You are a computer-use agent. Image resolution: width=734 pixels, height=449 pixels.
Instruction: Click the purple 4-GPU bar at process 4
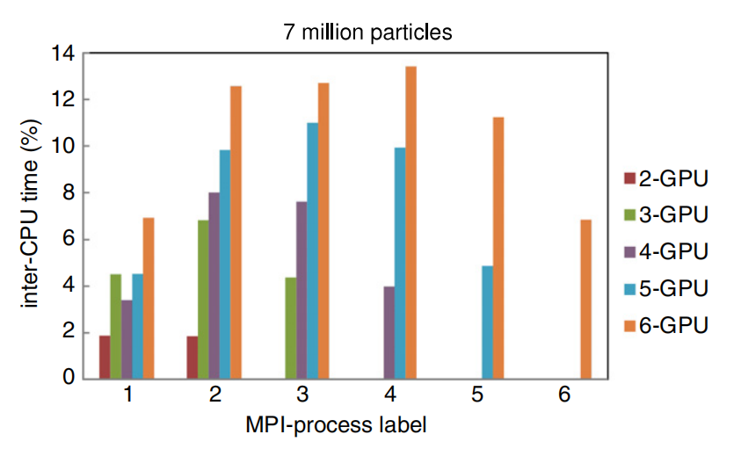coord(389,332)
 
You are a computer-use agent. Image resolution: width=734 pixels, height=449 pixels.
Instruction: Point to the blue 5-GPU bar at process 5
coord(487,322)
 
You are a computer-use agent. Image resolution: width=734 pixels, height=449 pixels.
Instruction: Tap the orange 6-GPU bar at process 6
coord(585,299)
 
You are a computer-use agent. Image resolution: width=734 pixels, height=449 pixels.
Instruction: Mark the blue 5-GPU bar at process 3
coord(312,250)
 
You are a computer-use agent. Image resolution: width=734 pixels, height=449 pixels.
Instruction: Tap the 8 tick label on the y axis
coord(67,193)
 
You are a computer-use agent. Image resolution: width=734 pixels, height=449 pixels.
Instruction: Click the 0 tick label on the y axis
coord(67,379)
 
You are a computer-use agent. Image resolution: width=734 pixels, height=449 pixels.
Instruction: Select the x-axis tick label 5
coord(476,396)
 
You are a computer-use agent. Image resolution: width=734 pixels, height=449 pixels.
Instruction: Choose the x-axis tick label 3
coord(302,396)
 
